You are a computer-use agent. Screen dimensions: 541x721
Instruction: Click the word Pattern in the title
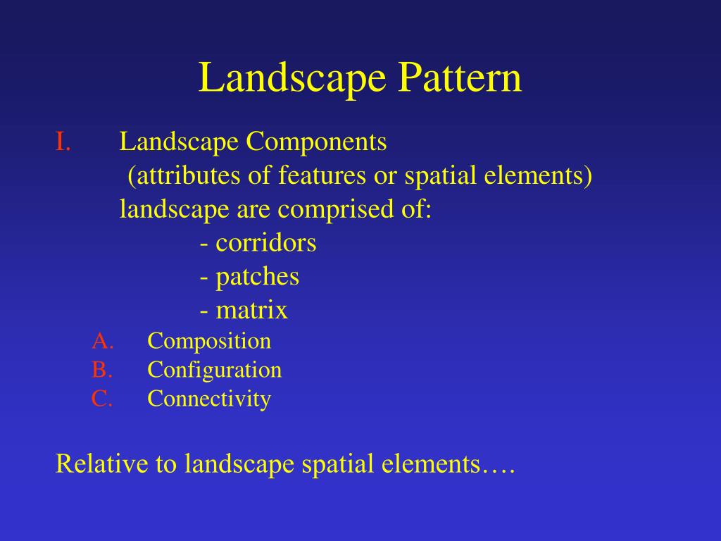coord(460,77)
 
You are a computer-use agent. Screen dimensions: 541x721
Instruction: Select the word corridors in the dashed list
coord(265,243)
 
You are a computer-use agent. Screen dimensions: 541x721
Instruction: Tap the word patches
coord(257,277)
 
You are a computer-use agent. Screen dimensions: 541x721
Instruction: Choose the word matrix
coord(251,311)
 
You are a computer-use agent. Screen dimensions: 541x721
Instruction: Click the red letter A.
coord(101,341)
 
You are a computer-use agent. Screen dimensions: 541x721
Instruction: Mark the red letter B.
coord(101,370)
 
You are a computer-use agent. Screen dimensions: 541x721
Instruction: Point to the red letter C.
coord(101,399)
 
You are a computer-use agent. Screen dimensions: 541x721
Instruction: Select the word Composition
coord(209,342)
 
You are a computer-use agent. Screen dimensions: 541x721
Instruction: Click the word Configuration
coord(214,370)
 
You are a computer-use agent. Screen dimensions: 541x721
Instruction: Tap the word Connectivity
coord(209,399)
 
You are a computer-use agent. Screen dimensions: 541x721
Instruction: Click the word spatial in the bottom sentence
coord(338,465)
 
